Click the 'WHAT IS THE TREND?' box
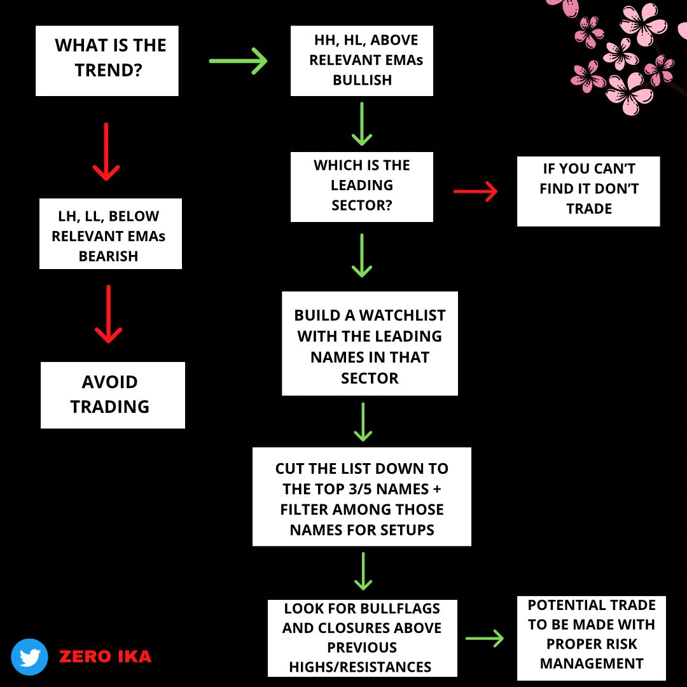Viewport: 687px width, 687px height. point(107,61)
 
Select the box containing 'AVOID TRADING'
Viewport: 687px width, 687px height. point(113,395)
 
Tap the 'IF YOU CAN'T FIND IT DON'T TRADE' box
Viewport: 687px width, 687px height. point(588,191)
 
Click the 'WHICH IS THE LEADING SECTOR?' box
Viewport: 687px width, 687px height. point(362,186)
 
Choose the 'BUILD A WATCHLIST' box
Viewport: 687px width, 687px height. point(370,343)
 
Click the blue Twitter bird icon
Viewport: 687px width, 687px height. point(30,656)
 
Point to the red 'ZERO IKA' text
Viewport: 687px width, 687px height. point(105,656)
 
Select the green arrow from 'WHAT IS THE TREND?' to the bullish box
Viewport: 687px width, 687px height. point(238,61)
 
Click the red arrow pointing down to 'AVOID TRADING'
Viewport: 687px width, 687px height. point(108,314)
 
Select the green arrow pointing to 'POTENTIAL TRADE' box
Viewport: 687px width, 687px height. point(485,639)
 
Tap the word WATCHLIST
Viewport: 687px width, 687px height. point(402,316)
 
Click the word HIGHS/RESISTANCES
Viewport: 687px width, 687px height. point(360,667)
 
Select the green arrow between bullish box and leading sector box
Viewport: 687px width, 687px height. point(362,124)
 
